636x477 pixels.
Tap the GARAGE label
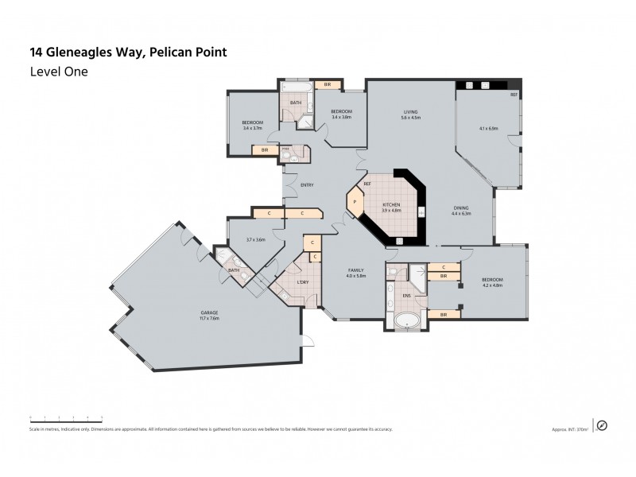point(210,312)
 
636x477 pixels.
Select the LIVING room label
point(410,113)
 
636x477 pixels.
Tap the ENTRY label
point(307,186)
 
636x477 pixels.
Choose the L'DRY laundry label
point(303,283)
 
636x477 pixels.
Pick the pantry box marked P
point(352,202)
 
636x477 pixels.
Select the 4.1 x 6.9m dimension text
point(488,128)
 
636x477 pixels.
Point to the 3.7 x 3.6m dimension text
point(255,240)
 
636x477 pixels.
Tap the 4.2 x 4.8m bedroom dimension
point(493,286)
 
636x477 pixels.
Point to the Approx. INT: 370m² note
point(569,429)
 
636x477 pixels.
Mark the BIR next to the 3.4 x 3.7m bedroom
point(263,149)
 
